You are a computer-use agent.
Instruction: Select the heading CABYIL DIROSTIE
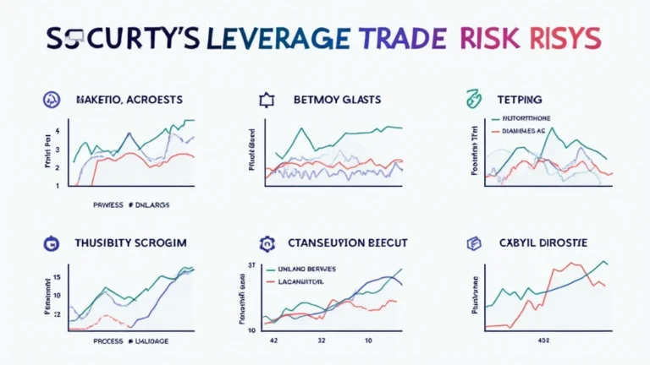[x=542, y=242]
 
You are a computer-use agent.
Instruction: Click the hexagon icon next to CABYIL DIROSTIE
[x=473, y=243]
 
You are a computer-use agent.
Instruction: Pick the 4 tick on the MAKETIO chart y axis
[x=57, y=131]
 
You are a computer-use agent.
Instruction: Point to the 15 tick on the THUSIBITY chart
[x=56, y=277]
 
